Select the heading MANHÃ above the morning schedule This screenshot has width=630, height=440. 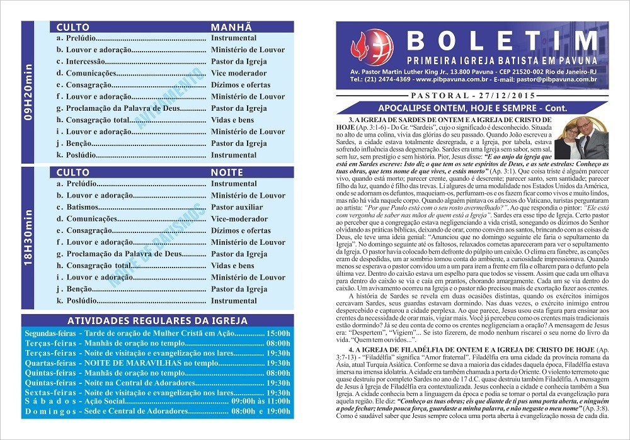[231, 28]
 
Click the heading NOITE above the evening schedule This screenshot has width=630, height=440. [227, 172]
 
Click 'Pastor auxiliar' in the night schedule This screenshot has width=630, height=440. [237, 207]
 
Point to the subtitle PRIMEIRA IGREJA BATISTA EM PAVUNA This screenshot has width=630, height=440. [502, 60]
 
